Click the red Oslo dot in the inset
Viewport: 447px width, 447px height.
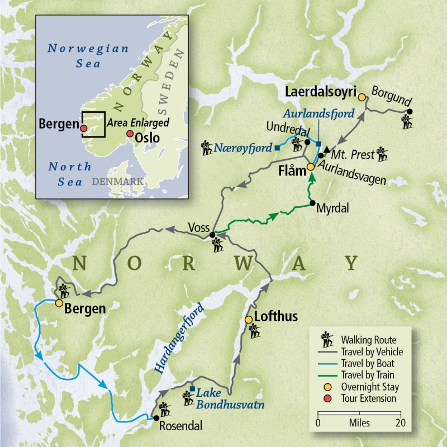point(130,134)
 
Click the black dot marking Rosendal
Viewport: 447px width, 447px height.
point(156,418)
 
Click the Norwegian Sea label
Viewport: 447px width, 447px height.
point(88,55)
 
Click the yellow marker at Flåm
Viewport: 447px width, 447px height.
point(311,167)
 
